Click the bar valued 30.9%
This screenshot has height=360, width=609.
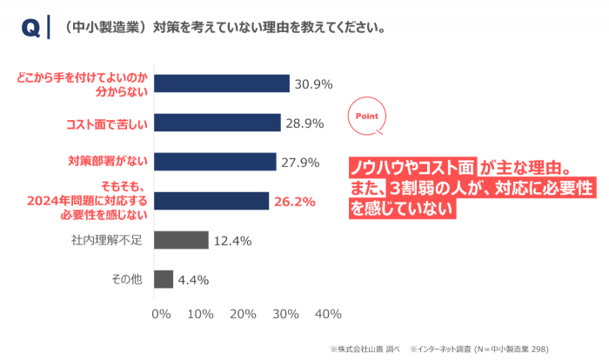[221, 83]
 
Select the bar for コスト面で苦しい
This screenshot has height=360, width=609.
[217, 123]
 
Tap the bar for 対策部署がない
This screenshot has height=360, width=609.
[215, 162]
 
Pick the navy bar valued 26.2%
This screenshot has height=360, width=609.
[211, 201]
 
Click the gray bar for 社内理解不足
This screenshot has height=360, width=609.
[181, 240]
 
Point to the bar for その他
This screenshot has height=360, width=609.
[164, 279]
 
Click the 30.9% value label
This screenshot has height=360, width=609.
[314, 84]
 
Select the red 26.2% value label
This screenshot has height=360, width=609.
[293, 202]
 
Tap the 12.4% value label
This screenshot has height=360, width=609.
[232, 241]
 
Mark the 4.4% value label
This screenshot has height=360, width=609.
[193, 280]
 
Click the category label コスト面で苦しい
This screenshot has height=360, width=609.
[107, 123]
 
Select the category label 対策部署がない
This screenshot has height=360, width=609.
[108, 162]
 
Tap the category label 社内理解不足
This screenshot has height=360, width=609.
[106, 240]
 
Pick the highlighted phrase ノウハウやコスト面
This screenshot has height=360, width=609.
[412, 167]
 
